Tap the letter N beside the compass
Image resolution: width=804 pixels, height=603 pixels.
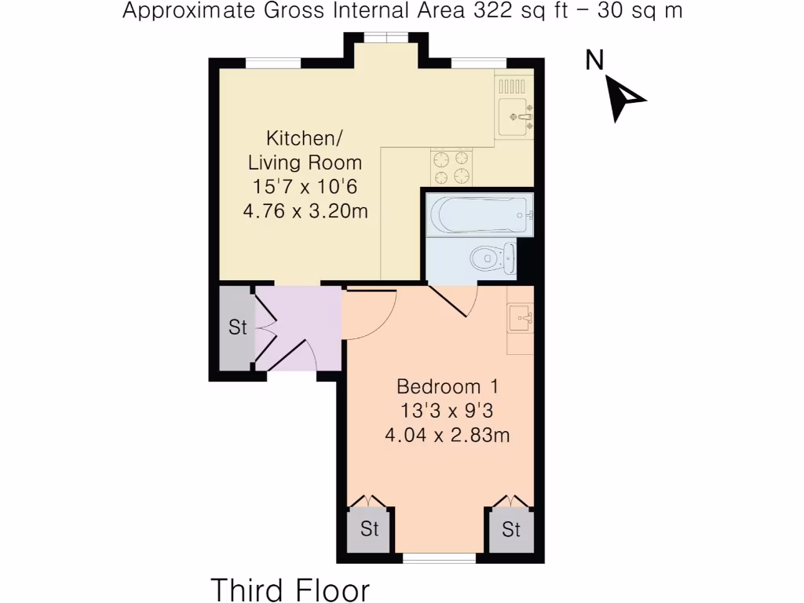[x=594, y=60]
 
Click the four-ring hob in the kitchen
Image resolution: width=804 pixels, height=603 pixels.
[x=451, y=166]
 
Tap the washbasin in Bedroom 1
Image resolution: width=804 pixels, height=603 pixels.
[x=521, y=318]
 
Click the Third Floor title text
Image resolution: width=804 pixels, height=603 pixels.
[x=290, y=590]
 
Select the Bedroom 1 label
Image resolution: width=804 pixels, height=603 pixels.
[x=448, y=387]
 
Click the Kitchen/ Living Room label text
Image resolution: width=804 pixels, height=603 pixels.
[x=305, y=151]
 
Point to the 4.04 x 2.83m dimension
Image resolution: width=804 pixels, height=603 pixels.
[x=448, y=434]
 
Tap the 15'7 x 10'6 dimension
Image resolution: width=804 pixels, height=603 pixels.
[x=305, y=187]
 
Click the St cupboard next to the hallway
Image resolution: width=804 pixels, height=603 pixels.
[x=237, y=327]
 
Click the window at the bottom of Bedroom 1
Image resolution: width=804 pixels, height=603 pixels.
[x=440, y=558]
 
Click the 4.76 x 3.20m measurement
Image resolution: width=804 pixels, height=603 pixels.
[x=305, y=211]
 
